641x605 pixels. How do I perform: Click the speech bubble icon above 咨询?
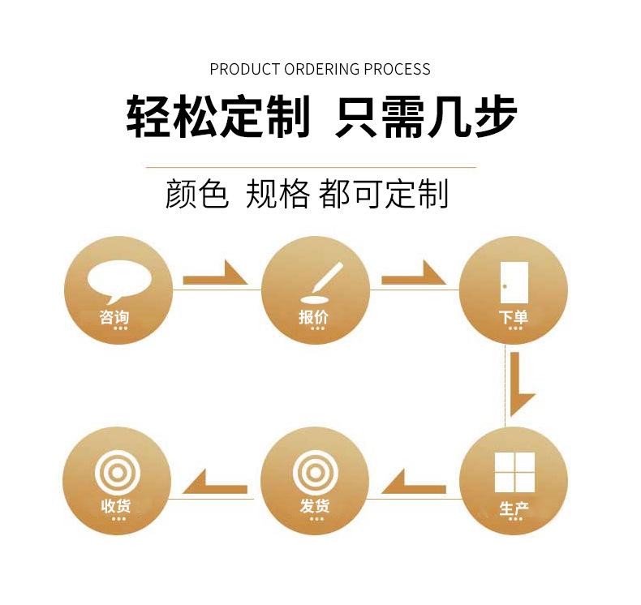click(119, 279)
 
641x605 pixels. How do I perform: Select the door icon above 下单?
click(514, 281)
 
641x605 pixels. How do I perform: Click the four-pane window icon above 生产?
click(514, 472)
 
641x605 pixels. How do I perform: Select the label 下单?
click(514, 317)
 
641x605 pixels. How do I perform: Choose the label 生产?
click(514, 509)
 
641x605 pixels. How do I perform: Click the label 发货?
click(315, 507)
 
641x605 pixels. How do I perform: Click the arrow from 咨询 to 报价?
click(215, 276)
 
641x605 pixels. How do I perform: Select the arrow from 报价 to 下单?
click(414, 276)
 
